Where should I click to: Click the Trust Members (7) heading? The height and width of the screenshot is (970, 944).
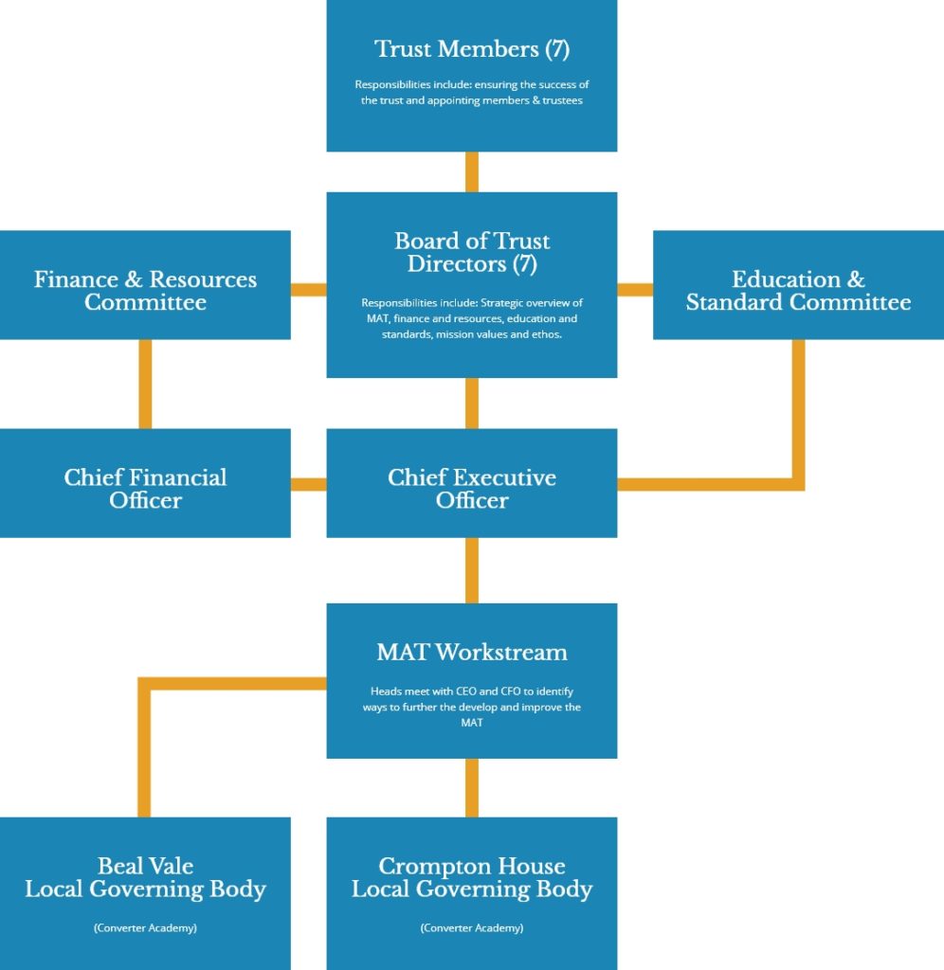[x=472, y=49]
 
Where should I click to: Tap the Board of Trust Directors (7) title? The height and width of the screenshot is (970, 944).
[x=472, y=252]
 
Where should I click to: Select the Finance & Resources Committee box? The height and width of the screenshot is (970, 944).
[x=145, y=285]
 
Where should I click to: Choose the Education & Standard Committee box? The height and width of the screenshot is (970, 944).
[x=799, y=285]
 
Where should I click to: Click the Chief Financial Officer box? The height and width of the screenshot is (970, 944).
[x=145, y=483]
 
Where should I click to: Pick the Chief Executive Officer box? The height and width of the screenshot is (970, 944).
[x=472, y=483]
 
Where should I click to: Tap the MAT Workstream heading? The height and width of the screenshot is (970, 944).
[x=472, y=652]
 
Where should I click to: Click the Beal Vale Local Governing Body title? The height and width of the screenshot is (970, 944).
[x=145, y=877]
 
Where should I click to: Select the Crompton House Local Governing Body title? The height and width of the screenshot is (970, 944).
[x=472, y=877]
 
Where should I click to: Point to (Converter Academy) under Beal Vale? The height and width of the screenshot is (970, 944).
[x=145, y=928]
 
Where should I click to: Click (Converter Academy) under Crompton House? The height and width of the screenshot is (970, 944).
[x=472, y=928]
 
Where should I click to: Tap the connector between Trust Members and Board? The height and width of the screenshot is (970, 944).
[x=472, y=172]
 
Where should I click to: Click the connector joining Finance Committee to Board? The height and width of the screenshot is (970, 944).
[x=309, y=290]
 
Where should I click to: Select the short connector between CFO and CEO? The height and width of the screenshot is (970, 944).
[x=309, y=484]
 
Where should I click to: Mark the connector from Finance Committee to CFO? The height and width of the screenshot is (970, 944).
[x=145, y=385]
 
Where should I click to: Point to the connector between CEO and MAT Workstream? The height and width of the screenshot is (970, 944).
[x=472, y=570]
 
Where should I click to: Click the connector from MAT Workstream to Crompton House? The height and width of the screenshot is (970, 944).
[x=472, y=787]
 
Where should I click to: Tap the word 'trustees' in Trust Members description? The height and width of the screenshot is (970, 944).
[x=563, y=100]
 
